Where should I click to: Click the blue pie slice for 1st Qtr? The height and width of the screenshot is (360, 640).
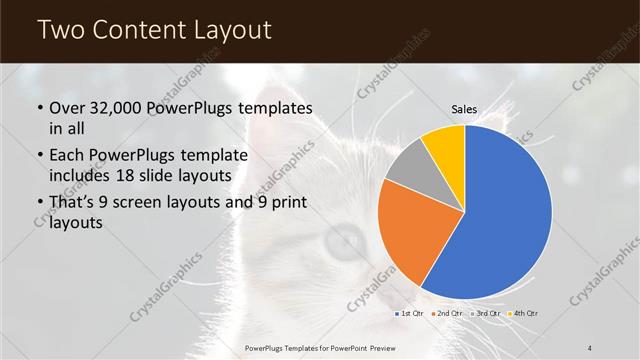tap(505, 215)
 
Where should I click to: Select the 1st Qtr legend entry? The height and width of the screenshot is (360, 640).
tap(409, 313)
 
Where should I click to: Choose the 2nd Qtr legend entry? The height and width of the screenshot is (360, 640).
tap(446, 313)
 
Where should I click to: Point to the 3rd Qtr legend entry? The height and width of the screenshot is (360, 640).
tap(485, 313)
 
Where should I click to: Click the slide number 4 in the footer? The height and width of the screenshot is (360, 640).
tap(590, 346)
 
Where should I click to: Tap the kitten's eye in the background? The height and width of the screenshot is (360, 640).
tap(347, 237)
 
